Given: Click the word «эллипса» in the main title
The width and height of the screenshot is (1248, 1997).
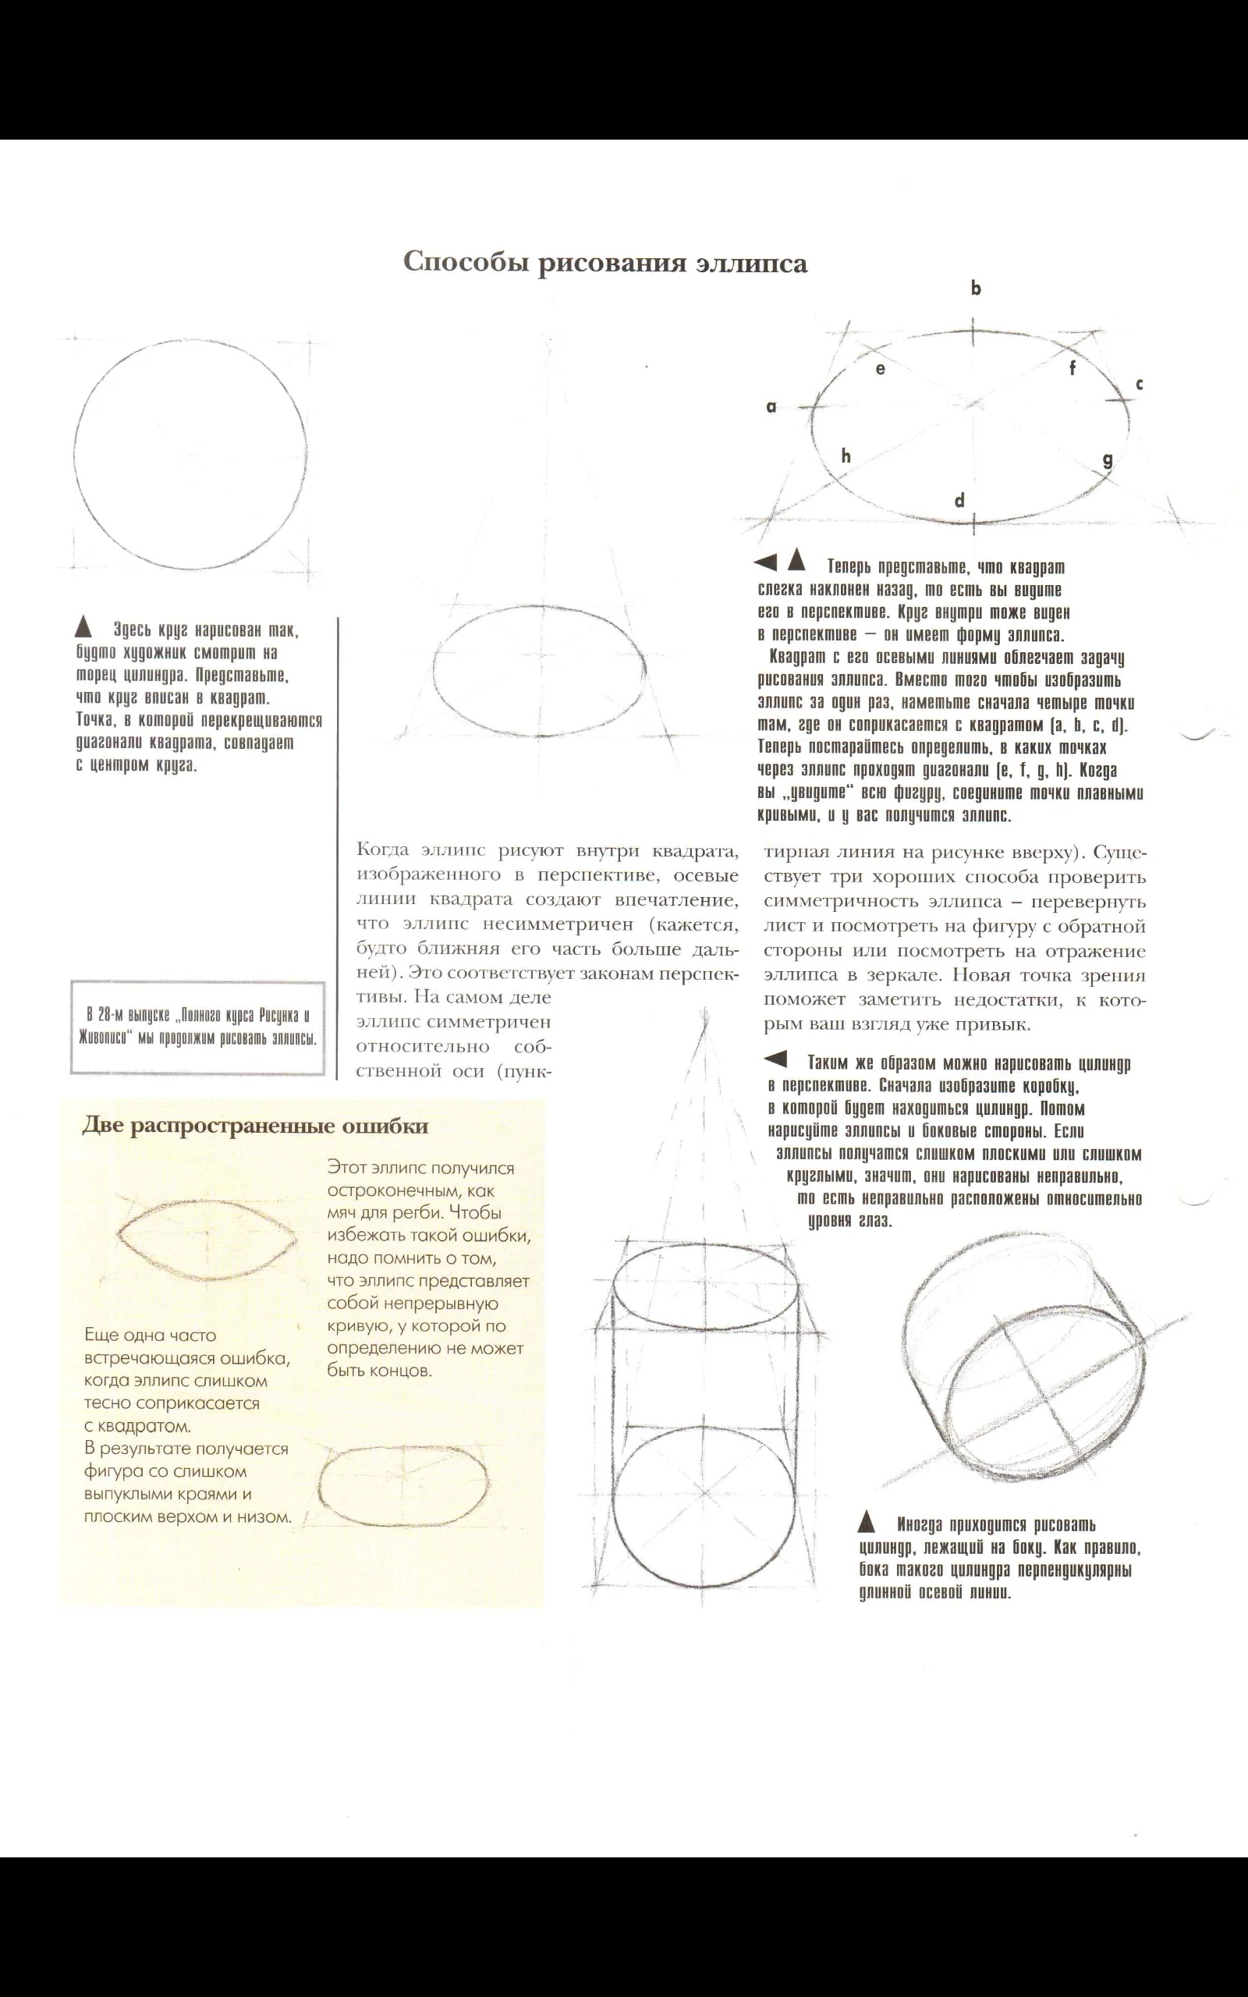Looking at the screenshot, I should coord(750,262).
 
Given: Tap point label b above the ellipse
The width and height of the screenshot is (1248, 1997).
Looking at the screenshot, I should coord(976,288).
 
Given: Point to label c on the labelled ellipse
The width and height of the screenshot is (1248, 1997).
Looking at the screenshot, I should coord(1140,384).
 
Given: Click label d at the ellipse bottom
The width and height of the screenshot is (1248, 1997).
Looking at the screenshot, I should coord(959,500).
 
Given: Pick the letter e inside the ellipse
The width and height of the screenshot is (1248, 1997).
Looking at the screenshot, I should coord(881,369).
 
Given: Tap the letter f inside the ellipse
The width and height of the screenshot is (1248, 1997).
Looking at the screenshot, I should coord(1073,368).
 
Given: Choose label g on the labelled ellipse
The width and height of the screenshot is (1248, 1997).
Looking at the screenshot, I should coord(1108,459).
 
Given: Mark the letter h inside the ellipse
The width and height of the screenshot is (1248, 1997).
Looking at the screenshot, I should coord(846,455).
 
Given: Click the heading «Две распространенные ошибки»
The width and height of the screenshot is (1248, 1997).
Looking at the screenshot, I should coord(255,1126).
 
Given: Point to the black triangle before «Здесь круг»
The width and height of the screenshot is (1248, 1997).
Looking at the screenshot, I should coord(83,628).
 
